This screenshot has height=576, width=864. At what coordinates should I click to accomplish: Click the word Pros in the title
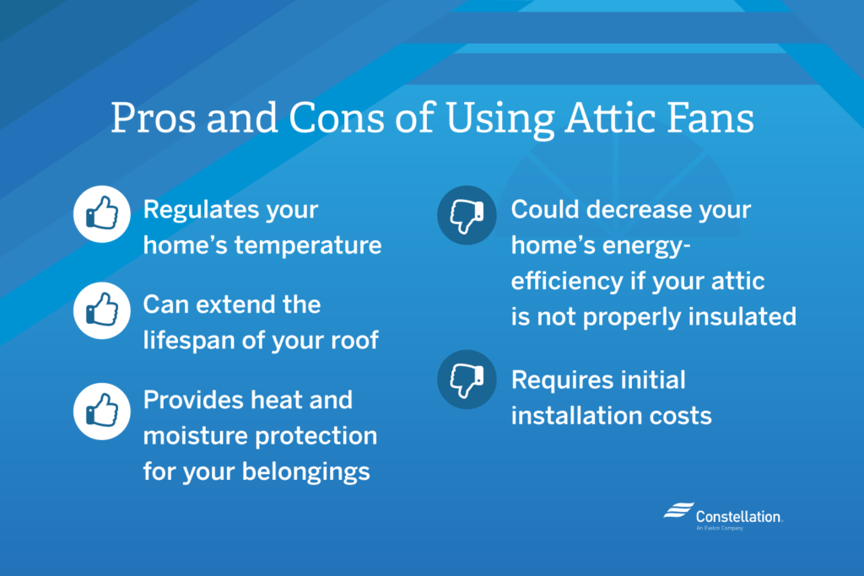point(154,117)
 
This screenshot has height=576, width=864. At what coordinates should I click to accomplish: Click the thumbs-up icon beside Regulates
point(102,213)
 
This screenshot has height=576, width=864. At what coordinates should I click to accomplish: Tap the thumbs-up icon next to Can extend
point(102,310)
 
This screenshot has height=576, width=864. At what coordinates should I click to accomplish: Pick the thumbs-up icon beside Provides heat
point(102,411)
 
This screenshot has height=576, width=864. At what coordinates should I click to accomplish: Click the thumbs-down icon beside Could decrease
point(467,215)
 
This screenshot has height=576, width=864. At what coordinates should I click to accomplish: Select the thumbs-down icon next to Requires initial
point(467,380)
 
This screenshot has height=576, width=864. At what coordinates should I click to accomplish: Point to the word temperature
point(308,245)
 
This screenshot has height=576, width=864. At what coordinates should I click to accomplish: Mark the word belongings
point(305,472)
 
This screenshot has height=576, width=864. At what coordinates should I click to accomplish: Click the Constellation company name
point(738,516)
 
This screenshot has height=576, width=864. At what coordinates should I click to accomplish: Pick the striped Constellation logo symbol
point(678,510)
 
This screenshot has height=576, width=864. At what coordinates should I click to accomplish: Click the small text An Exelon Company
point(720,528)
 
